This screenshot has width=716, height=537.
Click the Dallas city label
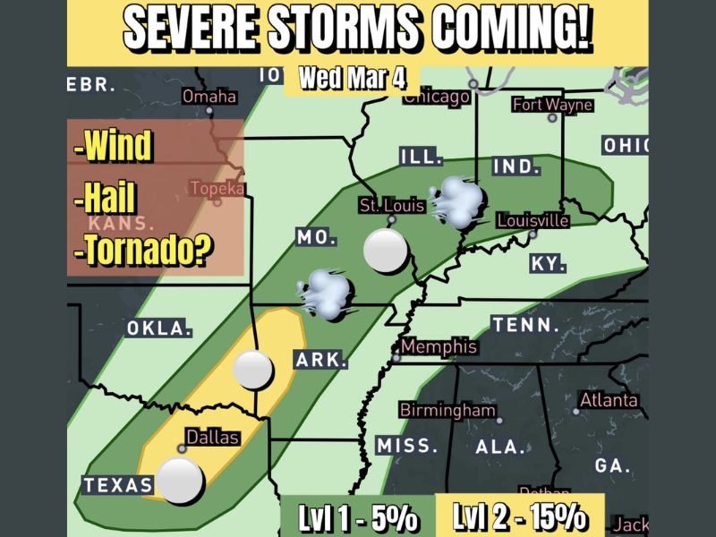coord(212,438)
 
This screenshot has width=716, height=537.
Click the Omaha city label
coord(209,97)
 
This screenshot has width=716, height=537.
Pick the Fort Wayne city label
coord(552,105)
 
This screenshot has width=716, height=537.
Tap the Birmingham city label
coord(447,410)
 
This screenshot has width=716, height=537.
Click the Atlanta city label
coord(609,399)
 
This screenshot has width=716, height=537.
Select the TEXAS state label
coord(118,485)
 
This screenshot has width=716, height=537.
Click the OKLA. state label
coord(159,328)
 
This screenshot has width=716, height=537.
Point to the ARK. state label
coord(320,361)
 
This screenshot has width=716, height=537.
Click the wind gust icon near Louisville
coord(457,202)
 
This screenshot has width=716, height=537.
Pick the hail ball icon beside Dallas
coord(179,481)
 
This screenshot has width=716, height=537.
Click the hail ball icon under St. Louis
coord(387,251)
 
